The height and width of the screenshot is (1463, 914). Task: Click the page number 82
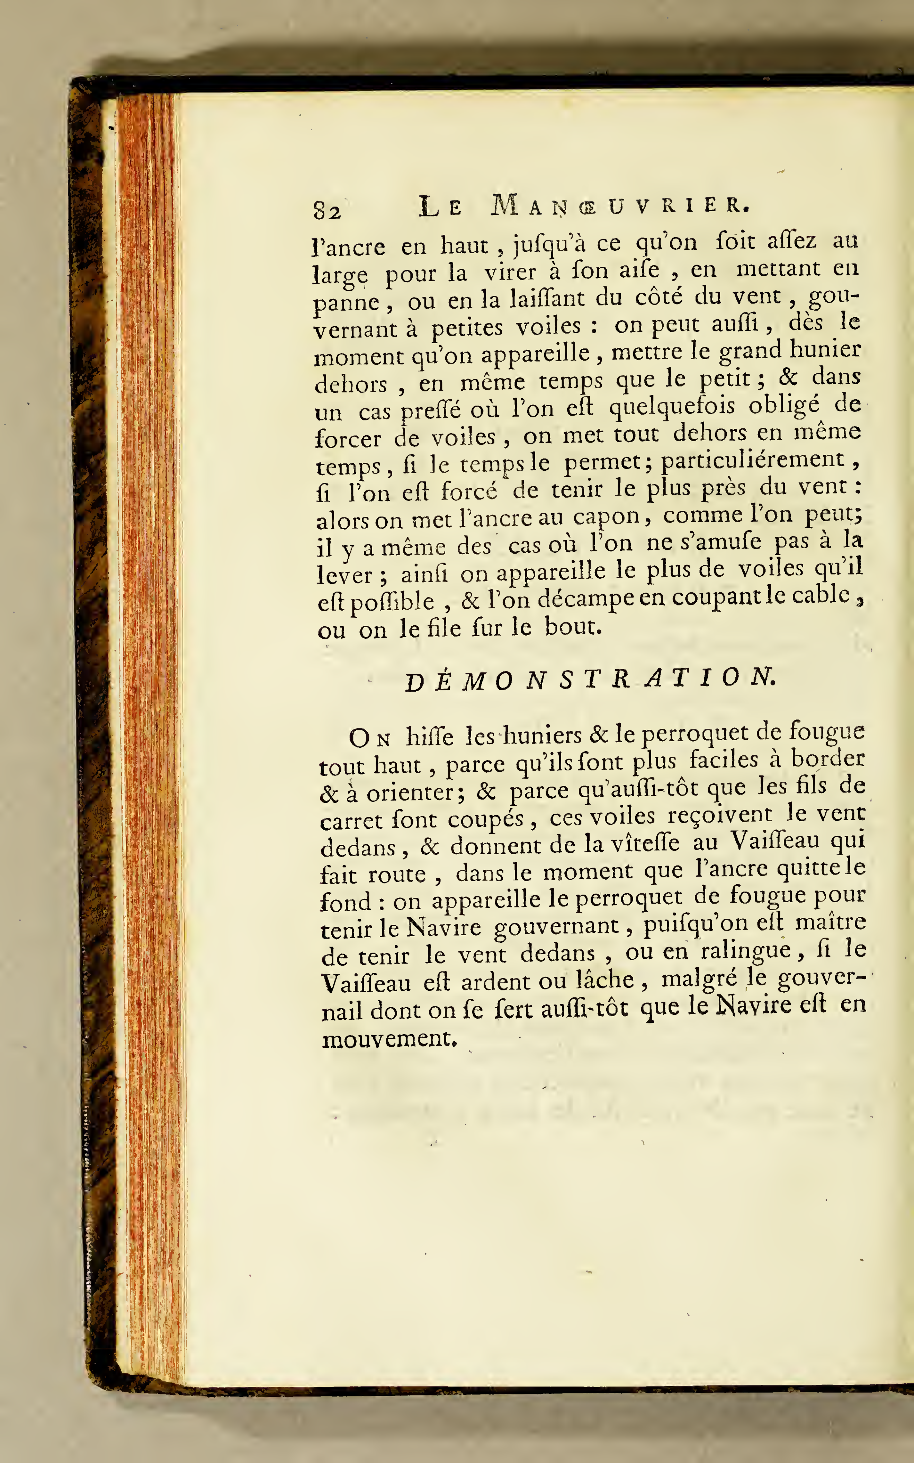[x=327, y=210]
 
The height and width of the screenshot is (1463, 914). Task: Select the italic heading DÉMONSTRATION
[x=589, y=680]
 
